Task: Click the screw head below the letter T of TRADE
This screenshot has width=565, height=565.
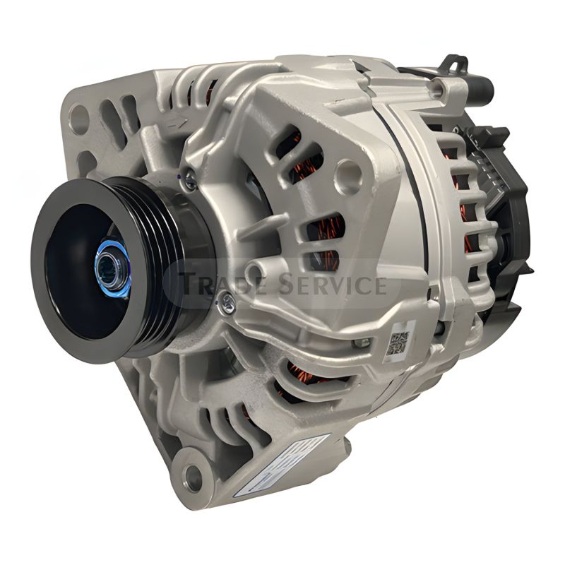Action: (x=225, y=304)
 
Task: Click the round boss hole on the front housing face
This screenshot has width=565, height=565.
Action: (x=347, y=170)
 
